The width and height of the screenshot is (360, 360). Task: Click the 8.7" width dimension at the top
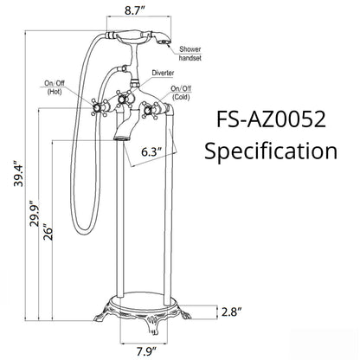135,10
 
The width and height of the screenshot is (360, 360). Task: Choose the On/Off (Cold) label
182,93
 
